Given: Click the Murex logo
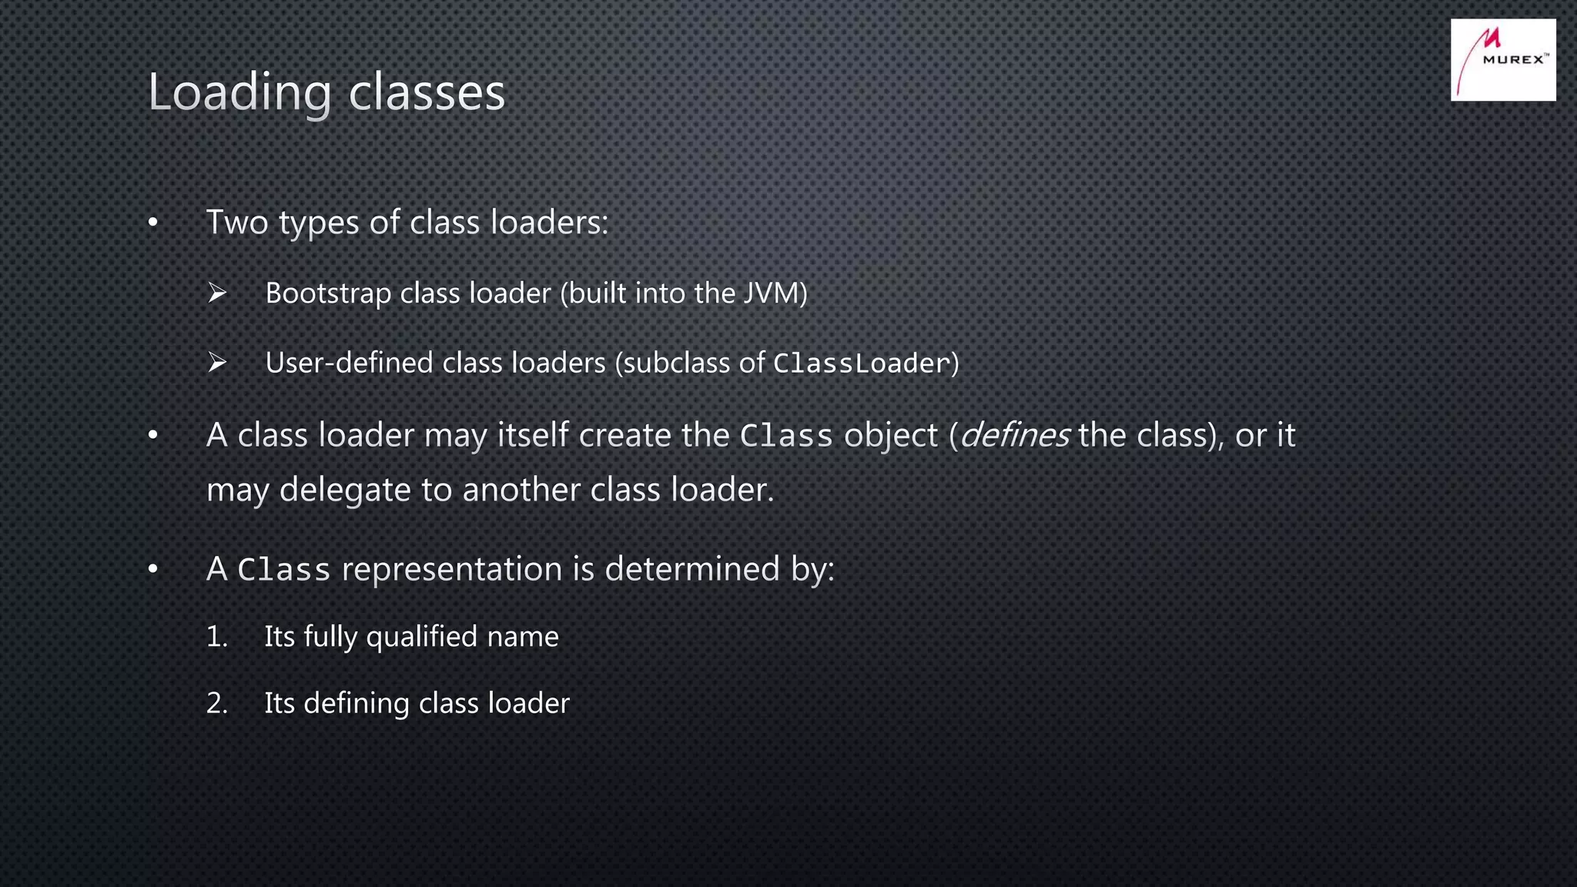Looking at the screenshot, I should [1502, 59].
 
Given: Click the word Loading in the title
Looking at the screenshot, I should [239, 93].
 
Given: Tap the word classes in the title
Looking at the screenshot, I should [427, 93].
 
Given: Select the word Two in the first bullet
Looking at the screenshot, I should [237, 223].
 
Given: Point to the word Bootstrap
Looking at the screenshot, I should [328, 293].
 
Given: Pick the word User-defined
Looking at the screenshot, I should [349, 363].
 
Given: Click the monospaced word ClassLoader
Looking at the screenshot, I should [861, 363].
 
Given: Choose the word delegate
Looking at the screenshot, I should [344, 490].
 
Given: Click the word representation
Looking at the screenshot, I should [452, 570].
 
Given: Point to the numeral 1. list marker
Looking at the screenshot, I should [217, 637].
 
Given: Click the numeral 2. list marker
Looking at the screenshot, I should [217, 704].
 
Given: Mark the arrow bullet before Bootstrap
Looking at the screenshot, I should [217, 293].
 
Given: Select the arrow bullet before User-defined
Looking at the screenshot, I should [217, 362].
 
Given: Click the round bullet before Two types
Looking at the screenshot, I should [153, 223].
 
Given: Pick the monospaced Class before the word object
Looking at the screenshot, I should [786, 437].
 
